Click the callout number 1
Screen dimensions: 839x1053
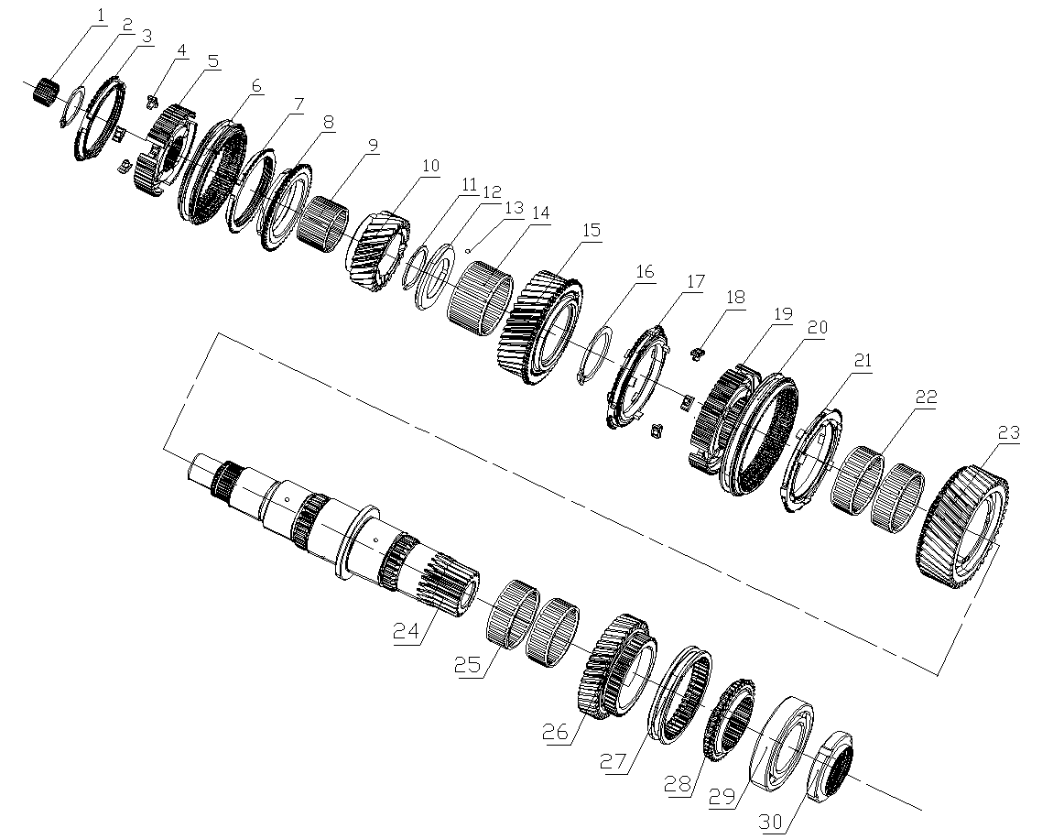pyautogui.click(x=99, y=15)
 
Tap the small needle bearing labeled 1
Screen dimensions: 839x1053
pyautogui.click(x=45, y=92)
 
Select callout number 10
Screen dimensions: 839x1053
pyautogui.click(x=430, y=166)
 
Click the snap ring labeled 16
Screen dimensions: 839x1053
pyautogui.click(x=596, y=354)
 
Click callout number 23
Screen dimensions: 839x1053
pyautogui.click(x=1007, y=432)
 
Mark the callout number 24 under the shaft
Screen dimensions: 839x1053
pyautogui.click(x=407, y=632)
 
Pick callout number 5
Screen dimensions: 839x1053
pyautogui.click(x=212, y=61)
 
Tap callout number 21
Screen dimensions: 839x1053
pyautogui.click(x=863, y=361)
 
